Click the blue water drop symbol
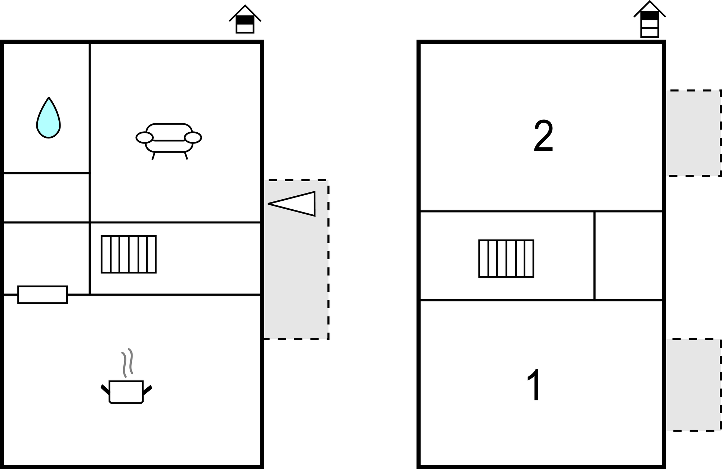click(x=49, y=118)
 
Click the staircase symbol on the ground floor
click(x=129, y=254)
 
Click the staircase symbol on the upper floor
click(x=506, y=259)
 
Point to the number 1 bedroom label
click(x=534, y=384)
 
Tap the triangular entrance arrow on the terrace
click(x=292, y=204)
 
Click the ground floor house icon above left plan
click(x=245, y=19)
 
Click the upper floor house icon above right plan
click(x=650, y=19)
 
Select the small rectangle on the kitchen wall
click(x=42, y=295)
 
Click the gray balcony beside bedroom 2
click(x=693, y=133)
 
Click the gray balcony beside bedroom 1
click(x=693, y=385)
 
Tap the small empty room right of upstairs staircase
click(x=628, y=256)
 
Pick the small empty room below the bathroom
click(x=46, y=198)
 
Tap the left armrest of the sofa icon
click(x=144, y=137)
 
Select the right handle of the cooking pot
click(x=147, y=390)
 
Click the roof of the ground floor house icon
click(x=245, y=13)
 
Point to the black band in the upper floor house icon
click(x=650, y=15)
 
